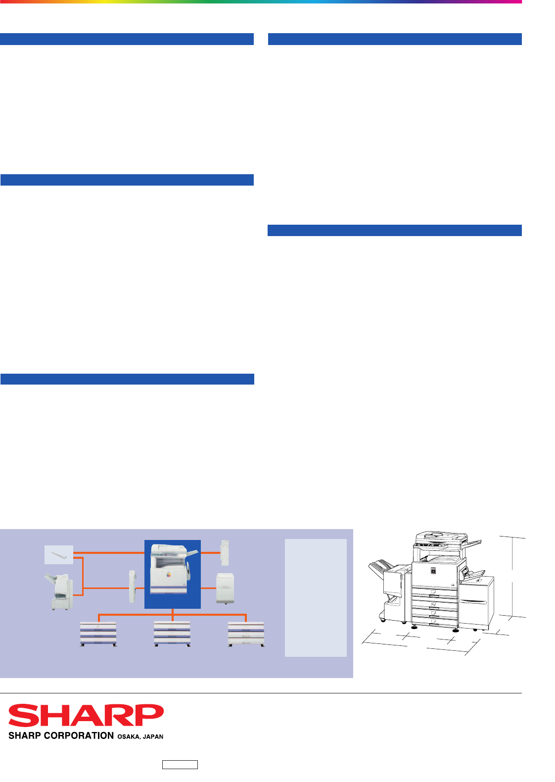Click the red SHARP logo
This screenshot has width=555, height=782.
[86, 715]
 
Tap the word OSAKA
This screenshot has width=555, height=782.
[129, 736]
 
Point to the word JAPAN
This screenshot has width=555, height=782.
[153, 736]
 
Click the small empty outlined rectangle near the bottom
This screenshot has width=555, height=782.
[180, 765]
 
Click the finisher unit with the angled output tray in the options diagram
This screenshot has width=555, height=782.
[59, 591]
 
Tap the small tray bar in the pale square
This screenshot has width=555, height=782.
[59, 555]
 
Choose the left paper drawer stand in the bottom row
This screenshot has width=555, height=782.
[98, 634]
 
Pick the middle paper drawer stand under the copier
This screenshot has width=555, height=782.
[172, 634]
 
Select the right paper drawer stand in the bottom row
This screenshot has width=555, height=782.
[246, 634]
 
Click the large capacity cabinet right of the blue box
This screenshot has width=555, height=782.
[225, 588]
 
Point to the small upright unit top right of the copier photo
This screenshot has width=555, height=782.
[225, 553]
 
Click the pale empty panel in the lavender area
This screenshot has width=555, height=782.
[316, 598]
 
